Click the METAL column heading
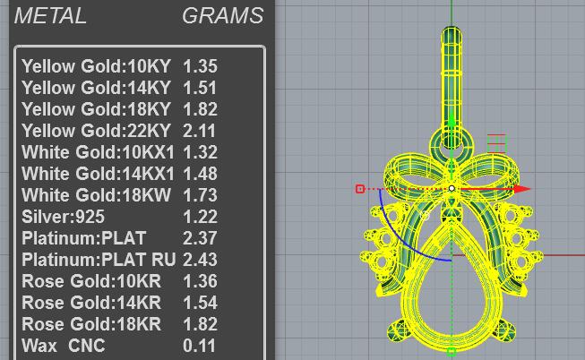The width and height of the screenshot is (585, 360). [50, 16]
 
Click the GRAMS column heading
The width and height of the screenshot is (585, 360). [223, 16]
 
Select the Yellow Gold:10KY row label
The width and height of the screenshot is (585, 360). [96, 66]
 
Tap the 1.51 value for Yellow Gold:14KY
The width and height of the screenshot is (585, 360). [200, 88]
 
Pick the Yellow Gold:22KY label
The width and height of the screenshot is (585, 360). [96, 131]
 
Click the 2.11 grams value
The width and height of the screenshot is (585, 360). [199, 131]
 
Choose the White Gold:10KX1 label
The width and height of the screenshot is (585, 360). [99, 152]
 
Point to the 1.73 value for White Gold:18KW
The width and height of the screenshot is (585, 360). [200, 195]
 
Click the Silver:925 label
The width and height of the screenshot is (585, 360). [63, 217]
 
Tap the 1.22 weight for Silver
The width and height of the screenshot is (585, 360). [200, 217]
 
